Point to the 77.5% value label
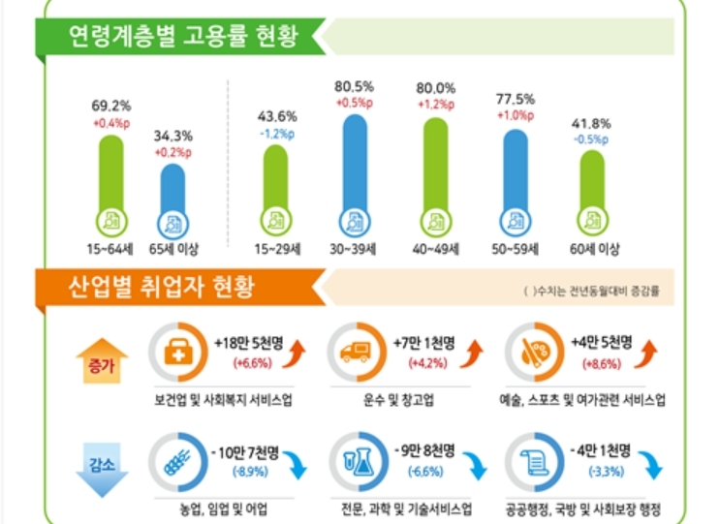point(514,98)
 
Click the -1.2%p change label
point(275,135)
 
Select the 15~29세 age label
point(275,249)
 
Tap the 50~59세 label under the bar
point(515,249)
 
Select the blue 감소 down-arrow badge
point(102,466)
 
